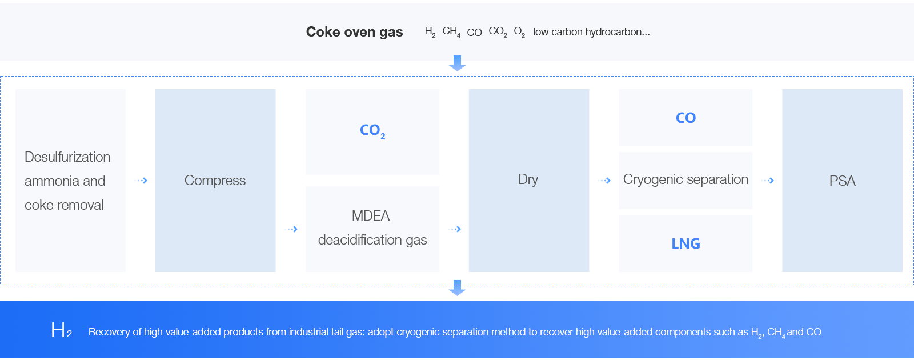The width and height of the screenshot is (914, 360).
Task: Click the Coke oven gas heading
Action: pyautogui.click(x=354, y=32)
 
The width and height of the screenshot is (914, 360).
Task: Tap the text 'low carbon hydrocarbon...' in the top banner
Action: pyautogui.click(x=591, y=32)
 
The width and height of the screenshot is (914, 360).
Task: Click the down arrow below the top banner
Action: pyautogui.click(x=457, y=63)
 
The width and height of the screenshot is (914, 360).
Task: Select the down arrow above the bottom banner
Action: pyautogui.click(x=457, y=288)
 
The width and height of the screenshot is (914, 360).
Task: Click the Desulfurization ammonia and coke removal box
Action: pyautogui.click(x=70, y=181)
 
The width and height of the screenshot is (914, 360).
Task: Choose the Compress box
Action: pyautogui.click(x=215, y=181)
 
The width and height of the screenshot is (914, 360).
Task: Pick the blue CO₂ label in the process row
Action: pyautogui.click(x=372, y=131)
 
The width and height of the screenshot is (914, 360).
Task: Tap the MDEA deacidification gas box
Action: pyautogui.click(x=372, y=228)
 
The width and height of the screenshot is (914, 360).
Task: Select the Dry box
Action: pyautogui.click(x=528, y=180)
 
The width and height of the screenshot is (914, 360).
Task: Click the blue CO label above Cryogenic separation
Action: pyautogui.click(x=685, y=118)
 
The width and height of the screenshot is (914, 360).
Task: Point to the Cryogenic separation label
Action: pyautogui.click(x=685, y=179)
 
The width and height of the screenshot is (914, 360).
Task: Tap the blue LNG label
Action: pyautogui.click(x=685, y=243)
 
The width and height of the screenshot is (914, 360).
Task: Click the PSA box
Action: pyautogui.click(x=842, y=181)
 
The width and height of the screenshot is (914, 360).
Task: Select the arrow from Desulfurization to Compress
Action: pyautogui.click(x=141, y=181)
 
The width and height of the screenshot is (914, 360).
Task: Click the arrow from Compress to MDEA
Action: pyautogui.click(x=291, y=229)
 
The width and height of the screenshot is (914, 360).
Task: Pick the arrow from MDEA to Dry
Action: pyautogui.click(x=455, y=229)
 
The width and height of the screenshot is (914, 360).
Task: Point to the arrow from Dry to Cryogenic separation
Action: pyautogui.click(x=604, y=181)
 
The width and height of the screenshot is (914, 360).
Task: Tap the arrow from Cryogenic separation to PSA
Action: pyautogui.click(x=768, y=181)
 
